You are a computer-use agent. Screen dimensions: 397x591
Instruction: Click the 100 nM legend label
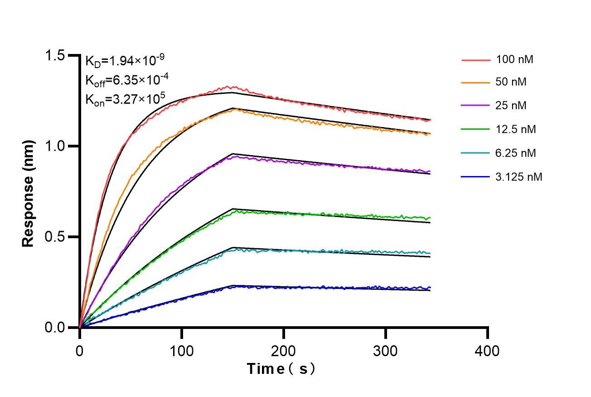(x=518, y=59)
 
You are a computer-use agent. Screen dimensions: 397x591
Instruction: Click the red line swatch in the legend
(x=476, y=59)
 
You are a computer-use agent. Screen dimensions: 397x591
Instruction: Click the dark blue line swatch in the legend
(x=476, y=177)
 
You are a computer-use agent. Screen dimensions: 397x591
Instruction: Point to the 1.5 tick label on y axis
(x=55, y=56)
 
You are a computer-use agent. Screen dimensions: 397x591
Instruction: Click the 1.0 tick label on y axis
(x=55, y=146)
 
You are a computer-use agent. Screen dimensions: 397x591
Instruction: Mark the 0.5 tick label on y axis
(x=55, y=237)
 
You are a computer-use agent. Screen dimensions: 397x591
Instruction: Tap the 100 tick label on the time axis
(x=182, y=351)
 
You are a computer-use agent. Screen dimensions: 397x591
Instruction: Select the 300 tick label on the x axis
(x=386, y=351)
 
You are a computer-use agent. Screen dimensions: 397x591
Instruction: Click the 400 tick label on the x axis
(x=488, y=351)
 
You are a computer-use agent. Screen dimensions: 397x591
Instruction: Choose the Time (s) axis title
(x=281, y=369)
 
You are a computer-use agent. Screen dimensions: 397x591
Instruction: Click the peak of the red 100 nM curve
(x=233, y=87)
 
